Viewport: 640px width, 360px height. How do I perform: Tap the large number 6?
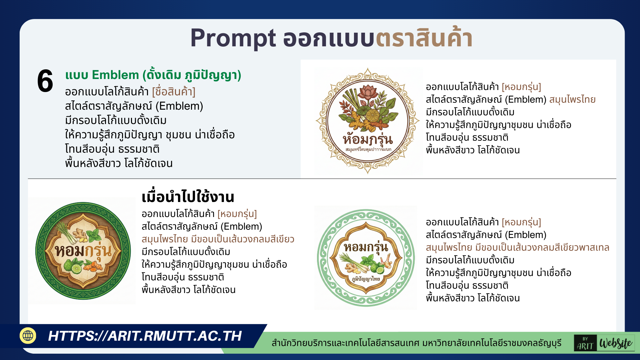pos(45,81)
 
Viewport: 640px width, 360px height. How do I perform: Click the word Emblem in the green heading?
pos(115,75)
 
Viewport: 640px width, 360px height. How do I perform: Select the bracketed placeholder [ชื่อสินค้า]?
pos(173,92)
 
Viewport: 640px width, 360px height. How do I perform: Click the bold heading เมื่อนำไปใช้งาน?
pos(188,197)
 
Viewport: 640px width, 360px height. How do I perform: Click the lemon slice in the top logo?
pos(372,116)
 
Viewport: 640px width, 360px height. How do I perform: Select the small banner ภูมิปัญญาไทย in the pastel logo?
pos(366,279)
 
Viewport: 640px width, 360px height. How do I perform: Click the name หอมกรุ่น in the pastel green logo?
pos(366,247)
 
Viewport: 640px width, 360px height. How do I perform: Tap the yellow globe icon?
pos(28,336)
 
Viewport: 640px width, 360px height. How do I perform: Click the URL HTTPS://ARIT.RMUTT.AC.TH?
pos(145,336)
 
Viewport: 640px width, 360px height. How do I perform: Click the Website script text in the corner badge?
pos(616,343)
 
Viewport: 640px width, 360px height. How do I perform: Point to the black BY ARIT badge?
pos(585,343)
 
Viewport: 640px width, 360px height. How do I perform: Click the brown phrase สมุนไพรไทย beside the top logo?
pos(572,99)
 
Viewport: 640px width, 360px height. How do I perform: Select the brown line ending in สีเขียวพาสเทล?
pos(517,247)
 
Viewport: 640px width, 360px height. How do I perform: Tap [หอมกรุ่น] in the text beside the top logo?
pos(521,87)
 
